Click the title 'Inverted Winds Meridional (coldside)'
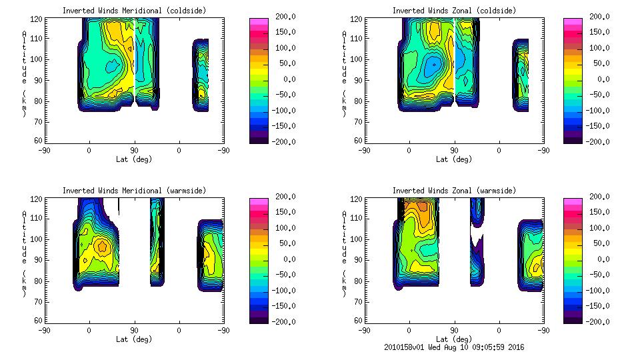(134, 11)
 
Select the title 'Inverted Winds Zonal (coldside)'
(454, 11)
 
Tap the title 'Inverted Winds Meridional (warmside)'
(134, 191)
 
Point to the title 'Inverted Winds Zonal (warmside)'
(454, 191)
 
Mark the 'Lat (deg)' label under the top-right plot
(454, 159)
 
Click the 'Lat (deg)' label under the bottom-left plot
(134, 339)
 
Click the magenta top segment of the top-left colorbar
(257, 21)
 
